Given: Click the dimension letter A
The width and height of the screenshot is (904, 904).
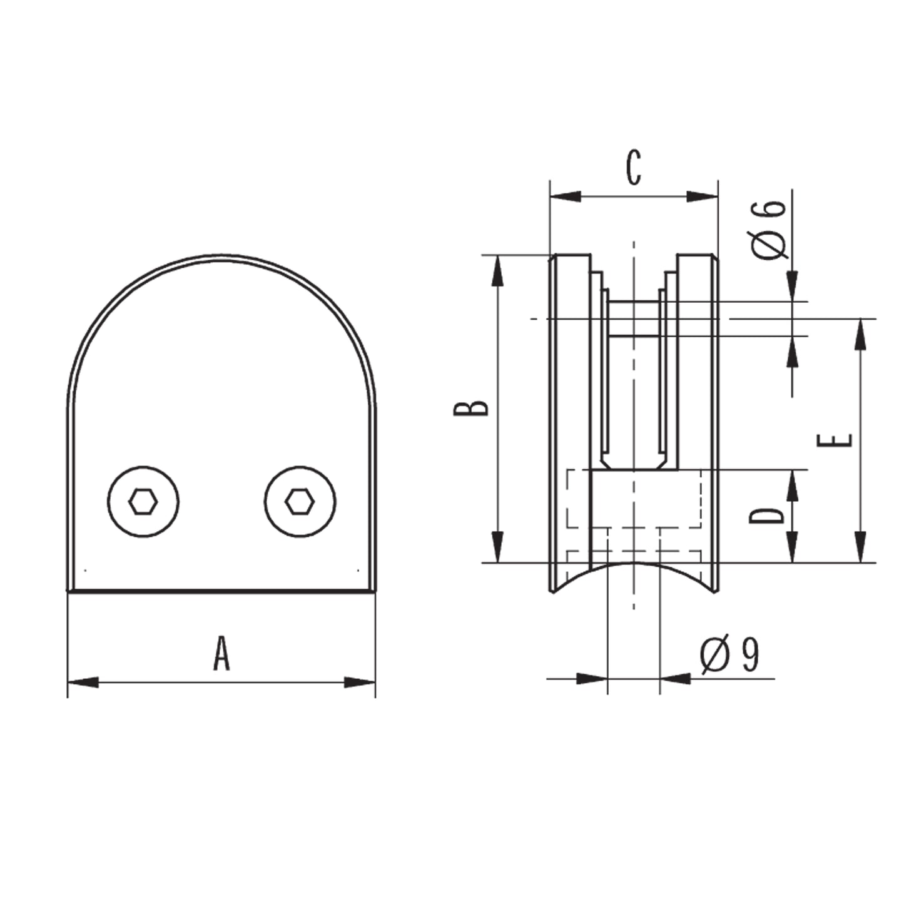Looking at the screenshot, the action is click(221, 653).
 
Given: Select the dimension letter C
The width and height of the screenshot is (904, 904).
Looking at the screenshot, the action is click(634, 168).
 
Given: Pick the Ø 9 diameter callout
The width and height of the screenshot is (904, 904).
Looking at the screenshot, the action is click(729, 654).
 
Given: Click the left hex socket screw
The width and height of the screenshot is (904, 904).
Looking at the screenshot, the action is click(143, 502).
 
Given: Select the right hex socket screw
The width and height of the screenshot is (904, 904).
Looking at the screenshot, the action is click(300, 502).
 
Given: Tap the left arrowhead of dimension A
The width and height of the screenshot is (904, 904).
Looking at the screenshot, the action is click(83, 682).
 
